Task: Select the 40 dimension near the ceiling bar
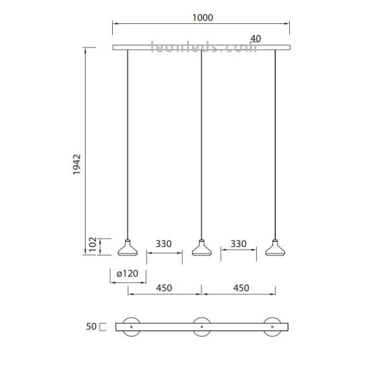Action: [255, 39]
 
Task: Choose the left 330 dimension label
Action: [163, 244]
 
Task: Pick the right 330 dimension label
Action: [239, 244]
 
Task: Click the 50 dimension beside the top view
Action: [91, 327]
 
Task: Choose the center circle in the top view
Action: [202, 326]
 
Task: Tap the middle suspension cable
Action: [202, 143]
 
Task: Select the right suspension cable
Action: [276, 143]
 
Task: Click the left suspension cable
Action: [128, 143]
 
